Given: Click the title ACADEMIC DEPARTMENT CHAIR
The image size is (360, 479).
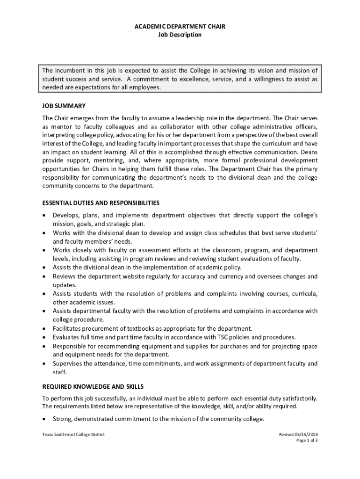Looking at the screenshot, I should [x=180, y=27].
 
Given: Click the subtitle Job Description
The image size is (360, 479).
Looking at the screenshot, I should [x=180, y=35].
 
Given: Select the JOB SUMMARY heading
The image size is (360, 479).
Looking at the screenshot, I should [x=64, y=106].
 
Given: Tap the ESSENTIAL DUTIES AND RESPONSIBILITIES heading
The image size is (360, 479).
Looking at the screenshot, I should [x=101, y=203].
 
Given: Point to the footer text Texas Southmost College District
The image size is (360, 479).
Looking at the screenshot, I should [x=73, y=434].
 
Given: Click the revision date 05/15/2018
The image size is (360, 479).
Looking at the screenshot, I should [x=304, y=434].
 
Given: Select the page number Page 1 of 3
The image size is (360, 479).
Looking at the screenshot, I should [x=307, y=440].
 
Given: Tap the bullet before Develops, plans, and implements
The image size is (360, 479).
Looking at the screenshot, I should [x=44, y=215].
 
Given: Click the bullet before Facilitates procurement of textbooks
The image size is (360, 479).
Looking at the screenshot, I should [x=44, y=328].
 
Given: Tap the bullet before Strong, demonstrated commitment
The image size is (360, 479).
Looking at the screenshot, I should [x=44, y=419].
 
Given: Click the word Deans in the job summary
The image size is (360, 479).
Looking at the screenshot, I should [x=309, y=152].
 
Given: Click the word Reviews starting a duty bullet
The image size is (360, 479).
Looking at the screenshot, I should [x=64, y=276].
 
